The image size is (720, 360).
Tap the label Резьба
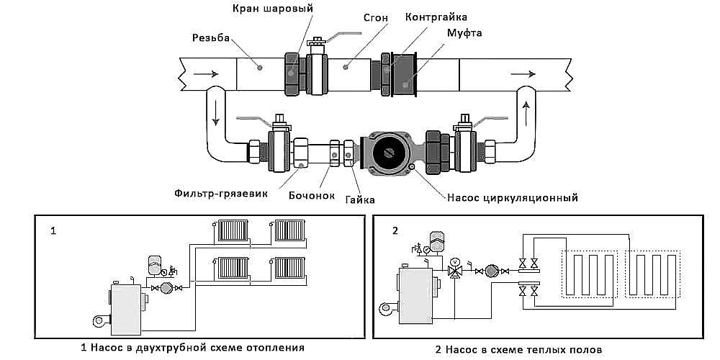click(211, 37)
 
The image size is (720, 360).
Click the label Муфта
click(464, 33)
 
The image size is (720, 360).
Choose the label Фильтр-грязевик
click(216, 193)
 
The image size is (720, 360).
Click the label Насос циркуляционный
click(513, 196)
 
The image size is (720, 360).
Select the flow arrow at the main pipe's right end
click(522, 73)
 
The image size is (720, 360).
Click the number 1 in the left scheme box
click(53, 232)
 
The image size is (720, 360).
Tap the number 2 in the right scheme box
click(395, 232)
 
